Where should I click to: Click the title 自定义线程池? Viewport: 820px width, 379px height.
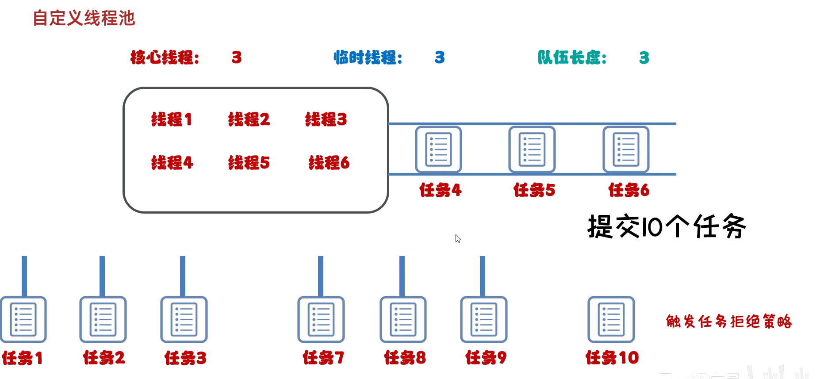click(x=84, y=18)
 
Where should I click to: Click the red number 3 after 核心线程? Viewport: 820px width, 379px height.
click(x=237, y=57)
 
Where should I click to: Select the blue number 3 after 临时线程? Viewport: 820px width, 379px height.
click(x=440, y=57)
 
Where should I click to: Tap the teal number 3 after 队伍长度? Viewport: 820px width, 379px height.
click(x=644, y=57)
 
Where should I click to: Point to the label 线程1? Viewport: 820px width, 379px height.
click(x=172, y=119)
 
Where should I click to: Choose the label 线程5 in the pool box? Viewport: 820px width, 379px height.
click(x=249, y=163)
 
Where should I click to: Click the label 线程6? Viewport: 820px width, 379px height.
click(x=329, y=163)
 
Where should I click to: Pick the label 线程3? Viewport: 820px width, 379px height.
click(x=326, y=119)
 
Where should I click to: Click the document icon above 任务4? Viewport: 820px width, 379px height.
click(x=438, y=149)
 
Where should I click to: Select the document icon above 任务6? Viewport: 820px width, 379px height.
click(x=626, y=149)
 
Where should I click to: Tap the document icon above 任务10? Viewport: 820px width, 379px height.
click(x=611, y=319)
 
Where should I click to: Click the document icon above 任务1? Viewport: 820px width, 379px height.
click(x=23, y=319)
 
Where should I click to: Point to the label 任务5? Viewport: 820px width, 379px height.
click(x=534, y=190)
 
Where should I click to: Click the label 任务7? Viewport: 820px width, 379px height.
click(x=323, y=357)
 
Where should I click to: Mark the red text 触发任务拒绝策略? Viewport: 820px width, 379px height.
click(x=729, y=322)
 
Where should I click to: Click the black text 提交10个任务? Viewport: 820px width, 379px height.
click(x=667, y=226)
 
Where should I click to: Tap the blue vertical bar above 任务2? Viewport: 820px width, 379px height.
click(x=102, y=276)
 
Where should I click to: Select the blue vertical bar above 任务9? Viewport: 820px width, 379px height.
click(x=483, y=276)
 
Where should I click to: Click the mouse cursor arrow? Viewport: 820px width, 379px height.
click(x=458, y=238)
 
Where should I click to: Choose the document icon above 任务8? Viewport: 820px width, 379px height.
click(x=403, y=319)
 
